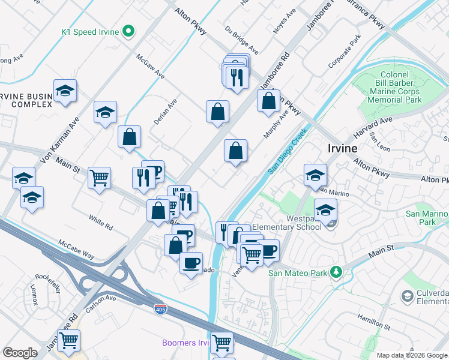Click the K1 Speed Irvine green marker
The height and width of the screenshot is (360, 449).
pos(128,32)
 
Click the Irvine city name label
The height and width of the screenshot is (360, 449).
pos(343,148)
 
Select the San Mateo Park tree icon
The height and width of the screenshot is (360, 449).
pos(337,272)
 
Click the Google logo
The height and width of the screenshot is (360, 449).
pos(20,353)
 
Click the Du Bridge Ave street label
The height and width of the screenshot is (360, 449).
pos(241,40)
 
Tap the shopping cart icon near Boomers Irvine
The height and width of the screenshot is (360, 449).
pos(222,343)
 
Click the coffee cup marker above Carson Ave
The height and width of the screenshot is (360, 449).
pos(191,263)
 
